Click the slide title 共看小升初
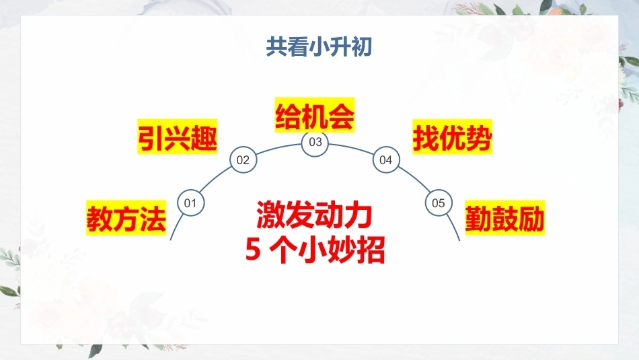[319, 47]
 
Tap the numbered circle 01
[191, 203]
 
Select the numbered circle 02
[243, 160]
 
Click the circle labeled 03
[315, 142]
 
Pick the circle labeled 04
[386, 160]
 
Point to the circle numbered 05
[439, 203]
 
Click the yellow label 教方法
[126, 218]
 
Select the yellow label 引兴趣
[178, 137]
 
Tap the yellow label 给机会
[315, 115]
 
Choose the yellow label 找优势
[453, 137]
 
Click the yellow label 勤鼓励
[505, 218]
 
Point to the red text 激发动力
[315, 215]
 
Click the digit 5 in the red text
[253, 249]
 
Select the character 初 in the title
[361, 47]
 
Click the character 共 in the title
[276, 47]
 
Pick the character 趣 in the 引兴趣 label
[204, 137]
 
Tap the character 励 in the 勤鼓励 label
[531, 218]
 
